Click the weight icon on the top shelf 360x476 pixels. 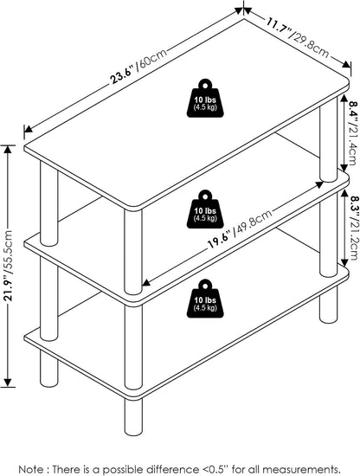(205, 98)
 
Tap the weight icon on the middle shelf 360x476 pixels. (205, 209)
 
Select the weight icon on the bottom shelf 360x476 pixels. (205, 299)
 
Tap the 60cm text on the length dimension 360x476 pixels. (152, 60)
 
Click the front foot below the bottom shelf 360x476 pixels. (133, 416)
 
